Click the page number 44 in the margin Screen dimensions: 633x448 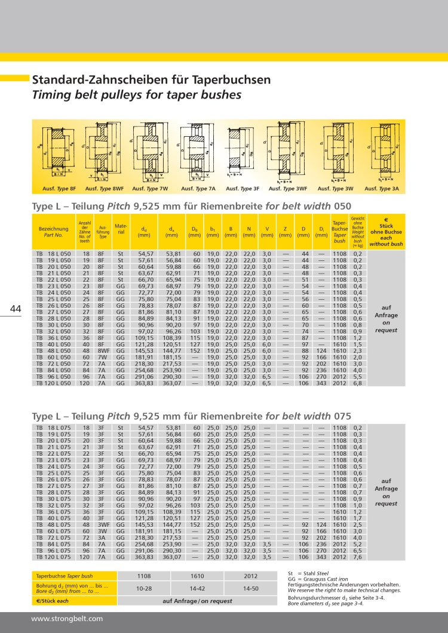pyautogui.click(x=16, y=309)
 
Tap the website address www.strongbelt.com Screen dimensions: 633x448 pyautogui.click(x=67, y=619)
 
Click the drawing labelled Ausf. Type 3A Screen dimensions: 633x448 pyautogui.click(x=382, y=153)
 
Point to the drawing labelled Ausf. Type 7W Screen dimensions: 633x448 pyautogui.click(x=149, y=153)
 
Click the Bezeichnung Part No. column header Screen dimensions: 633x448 pyautogui.click(x=53, y=231)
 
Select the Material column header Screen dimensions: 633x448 pyautogui.click(x=121, y=229)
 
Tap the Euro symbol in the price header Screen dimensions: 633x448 pyautogui.click(x=386, y=220)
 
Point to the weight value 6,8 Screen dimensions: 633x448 pyautogui.click(x=358, y=383)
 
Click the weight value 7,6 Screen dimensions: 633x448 pyautogui.click(x=358, y=557)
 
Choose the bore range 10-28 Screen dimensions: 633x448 pyautogui.click(x=144, y=589)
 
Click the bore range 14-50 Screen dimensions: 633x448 pyautogui.click(x=251, y=589)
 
